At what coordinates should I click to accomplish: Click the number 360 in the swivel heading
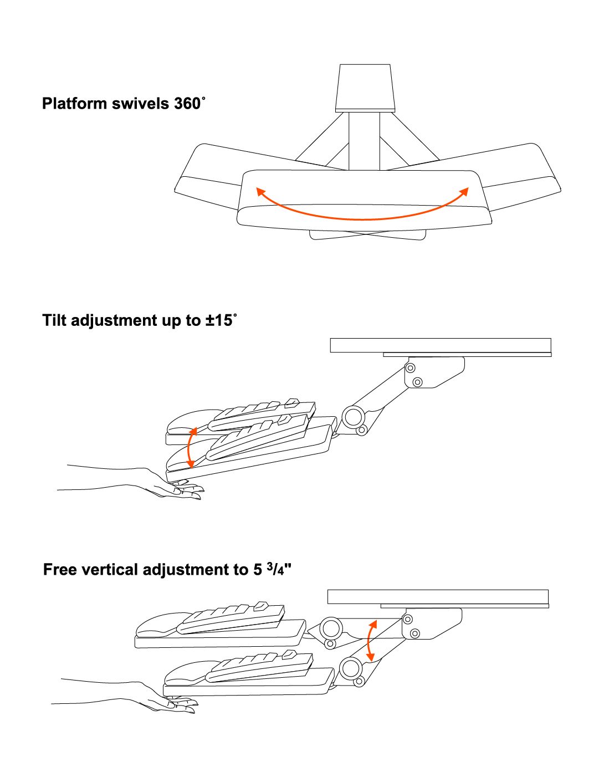pyautogui.click(x=187, y=104)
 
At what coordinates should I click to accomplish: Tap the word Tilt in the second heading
pyautogui.click(x=54, y=320)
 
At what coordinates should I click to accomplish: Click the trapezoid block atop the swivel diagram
pyautogui.click(x=365, y=87)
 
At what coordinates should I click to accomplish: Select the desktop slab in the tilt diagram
pyautogui.click(x=441, y=345)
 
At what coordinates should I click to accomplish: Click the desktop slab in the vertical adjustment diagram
pyautogui.click(x=438, y=596)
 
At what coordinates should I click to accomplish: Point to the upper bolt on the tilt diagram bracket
pyautogui.click(x=410, y=367)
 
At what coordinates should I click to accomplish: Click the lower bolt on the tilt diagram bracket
pyautogui.click(x=418, y=382)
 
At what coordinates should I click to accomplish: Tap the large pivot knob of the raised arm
pyautogui.click(x=331, y=628)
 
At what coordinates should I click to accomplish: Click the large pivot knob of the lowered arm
pyautogui.click(x=350, y=668)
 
